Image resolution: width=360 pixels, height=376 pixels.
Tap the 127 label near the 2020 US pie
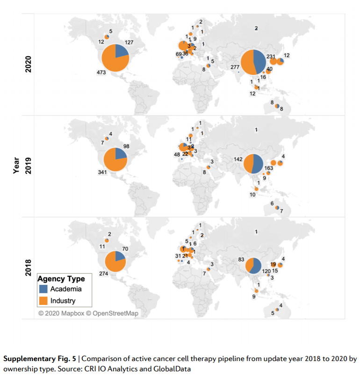tap(130, 42)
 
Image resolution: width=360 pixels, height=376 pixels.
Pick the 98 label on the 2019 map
tap(126, 146)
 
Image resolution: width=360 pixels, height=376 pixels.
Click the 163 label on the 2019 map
tap(269, 168)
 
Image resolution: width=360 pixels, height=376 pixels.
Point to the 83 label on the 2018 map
tap(242, 259)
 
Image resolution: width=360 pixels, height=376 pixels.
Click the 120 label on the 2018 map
tap(266, 271)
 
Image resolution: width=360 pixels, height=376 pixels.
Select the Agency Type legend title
tap(61, 279)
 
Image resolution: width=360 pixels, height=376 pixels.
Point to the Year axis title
tap(16, 166)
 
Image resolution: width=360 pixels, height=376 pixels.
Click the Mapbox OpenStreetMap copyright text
tap(88, 313)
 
